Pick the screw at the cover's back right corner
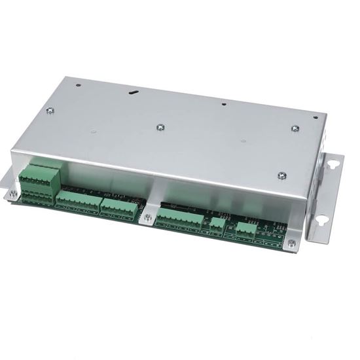(x=295, y=128)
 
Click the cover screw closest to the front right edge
(x=282, y=175)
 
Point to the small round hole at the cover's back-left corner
(x=77, y=84)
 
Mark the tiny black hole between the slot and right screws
(x=223, y=104)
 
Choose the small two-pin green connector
(x=217, y=225)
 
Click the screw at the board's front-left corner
(x=14, y=194)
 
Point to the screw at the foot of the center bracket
(x=148, y=217)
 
